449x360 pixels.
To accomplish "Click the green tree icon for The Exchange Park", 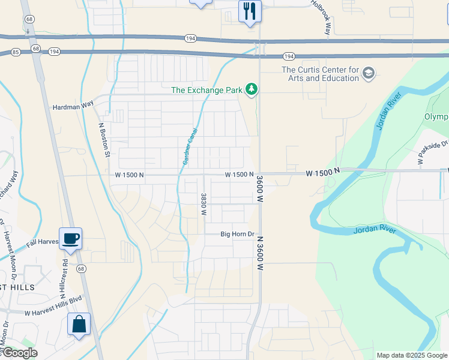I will (252, 90).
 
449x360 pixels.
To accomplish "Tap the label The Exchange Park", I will (206, 91).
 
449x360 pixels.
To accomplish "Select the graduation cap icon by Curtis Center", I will (369, 74).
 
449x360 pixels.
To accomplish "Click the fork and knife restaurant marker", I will (250, 11).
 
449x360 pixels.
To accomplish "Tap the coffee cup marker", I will (70, 238).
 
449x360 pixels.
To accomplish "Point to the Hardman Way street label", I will (73, 104).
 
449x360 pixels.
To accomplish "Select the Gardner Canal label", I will (190, 147).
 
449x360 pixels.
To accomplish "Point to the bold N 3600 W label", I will (260, 255).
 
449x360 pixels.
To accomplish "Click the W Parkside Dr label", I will (433, 153).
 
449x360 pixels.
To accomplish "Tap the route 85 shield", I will (14, 52).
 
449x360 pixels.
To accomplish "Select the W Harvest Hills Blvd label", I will (53, 312).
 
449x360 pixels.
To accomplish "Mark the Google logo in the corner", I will (19, 353).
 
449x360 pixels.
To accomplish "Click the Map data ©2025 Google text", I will (411, 355).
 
